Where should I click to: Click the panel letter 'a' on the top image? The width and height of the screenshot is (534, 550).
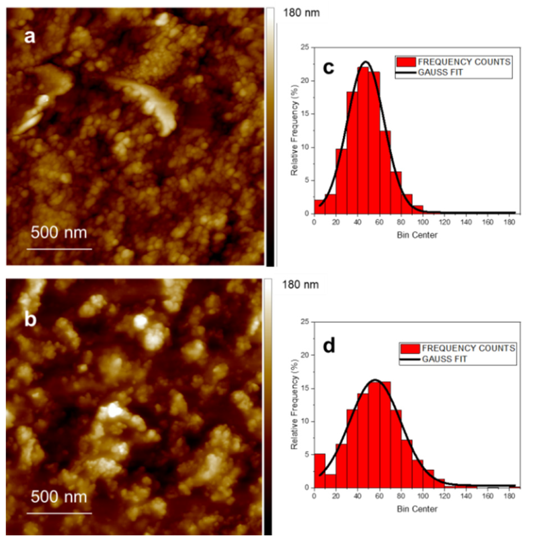coord(30,37)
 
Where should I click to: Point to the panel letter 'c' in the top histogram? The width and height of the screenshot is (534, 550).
coord(328,67)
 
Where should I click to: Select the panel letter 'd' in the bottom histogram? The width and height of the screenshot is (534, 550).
coord(329,346)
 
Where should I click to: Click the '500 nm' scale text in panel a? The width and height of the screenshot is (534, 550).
coord(59,233)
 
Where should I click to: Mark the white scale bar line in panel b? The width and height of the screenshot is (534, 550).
coord(59,513)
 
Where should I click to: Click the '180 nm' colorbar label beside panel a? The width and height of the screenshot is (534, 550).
coord(301,13)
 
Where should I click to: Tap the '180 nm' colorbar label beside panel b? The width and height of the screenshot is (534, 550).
coord(300,285)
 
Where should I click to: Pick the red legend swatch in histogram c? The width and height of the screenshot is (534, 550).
coord(406,62)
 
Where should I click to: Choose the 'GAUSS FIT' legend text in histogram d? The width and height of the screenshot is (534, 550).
coord(444,359)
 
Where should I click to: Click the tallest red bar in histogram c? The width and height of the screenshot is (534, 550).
coord(363,141)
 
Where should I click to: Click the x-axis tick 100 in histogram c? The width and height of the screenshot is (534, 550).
coord(423,222)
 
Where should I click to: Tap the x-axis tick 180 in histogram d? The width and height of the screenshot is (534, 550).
coord(509,496)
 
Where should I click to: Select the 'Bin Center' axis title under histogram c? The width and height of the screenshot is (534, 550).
coord(417,235)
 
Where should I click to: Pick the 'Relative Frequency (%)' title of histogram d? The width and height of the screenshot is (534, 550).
coord(294,405)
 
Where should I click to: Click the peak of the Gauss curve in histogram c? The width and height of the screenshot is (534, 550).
coord(366,62)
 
